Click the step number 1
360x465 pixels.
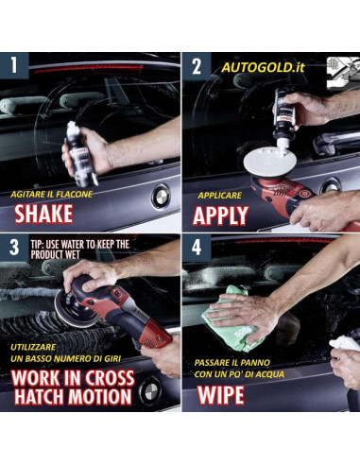click(13, 65)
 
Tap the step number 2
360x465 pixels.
click(197, 66)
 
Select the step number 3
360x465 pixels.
click(14, 247)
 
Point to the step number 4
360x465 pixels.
click(197, 248)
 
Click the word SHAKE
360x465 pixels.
click(43, 214)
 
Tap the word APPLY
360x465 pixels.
click(220, 215)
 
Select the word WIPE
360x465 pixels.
click(221, 395)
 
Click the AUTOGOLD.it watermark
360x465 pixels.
click(263, 67)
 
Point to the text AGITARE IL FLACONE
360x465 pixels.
click(52, 194)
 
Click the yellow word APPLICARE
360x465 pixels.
click(220, 196)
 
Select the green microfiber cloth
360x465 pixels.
click(231, 319)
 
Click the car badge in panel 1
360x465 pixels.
click(161, 197)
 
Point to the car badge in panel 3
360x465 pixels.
click(150, 390)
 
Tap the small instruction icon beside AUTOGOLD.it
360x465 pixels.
click(343, 73)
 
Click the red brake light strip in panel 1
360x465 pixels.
click(89, 70)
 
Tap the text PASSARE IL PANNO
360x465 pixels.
click(232, 363)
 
